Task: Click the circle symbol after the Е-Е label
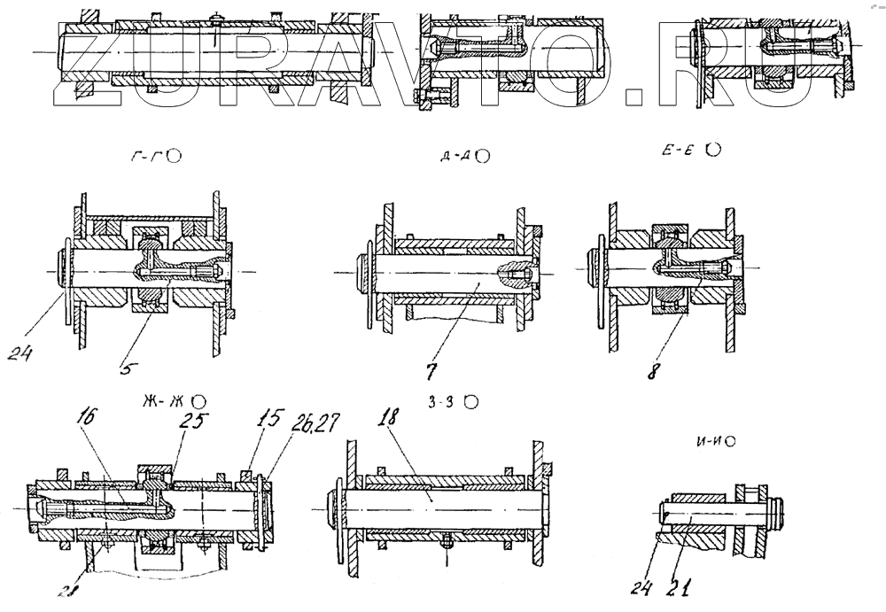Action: pos(713,151)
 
